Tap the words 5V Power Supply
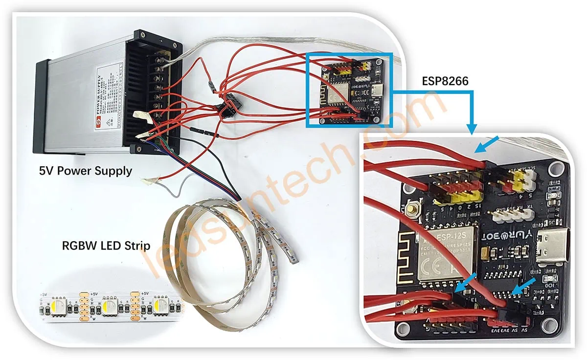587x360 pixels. pos(86,171)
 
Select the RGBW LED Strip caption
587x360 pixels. pos(106,245)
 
